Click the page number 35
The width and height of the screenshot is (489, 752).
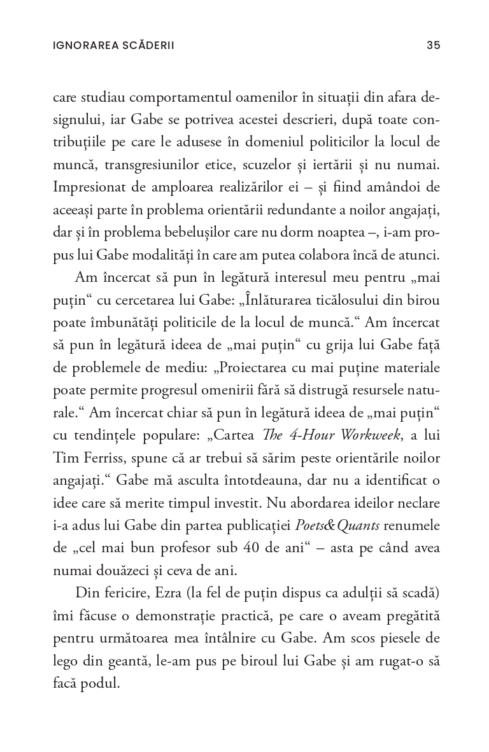tap(433, 45)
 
